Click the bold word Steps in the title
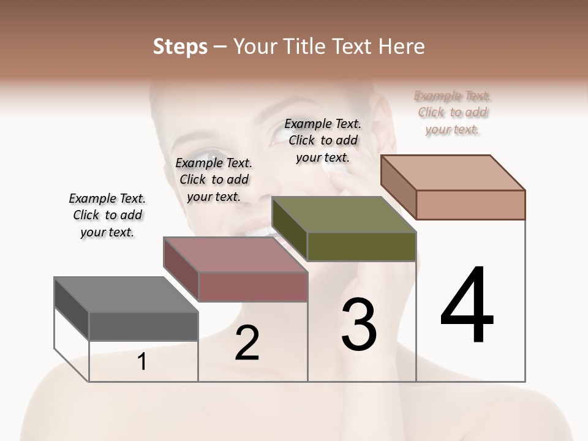pos(180,47)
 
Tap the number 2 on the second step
pos(247,343)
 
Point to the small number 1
pos(142,362)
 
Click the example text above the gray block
pos(107,215)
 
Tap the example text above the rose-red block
pos(213,179)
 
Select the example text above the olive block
pos(323,140)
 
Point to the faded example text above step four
pos(452,112)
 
